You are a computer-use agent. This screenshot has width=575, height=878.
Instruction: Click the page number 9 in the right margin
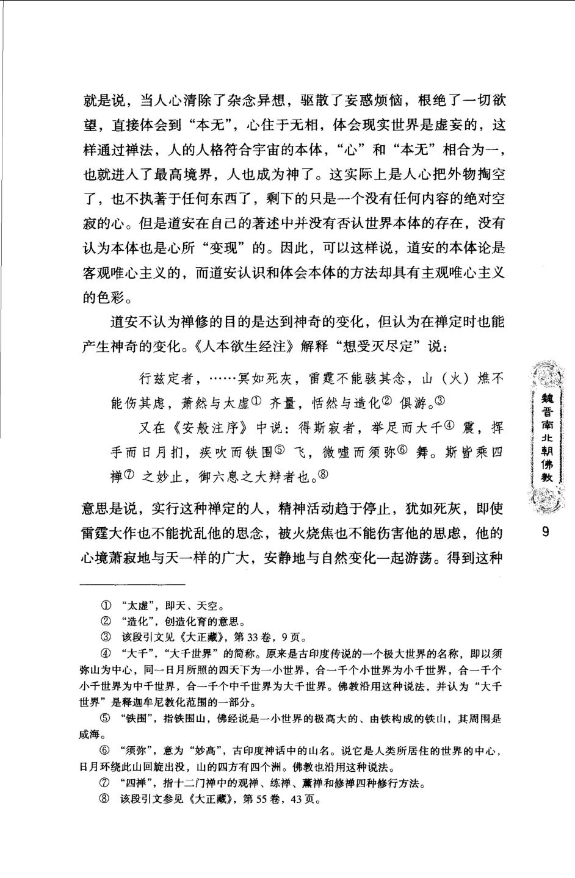(545, 531)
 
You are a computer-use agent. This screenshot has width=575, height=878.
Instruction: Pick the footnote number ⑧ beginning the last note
(105, 799)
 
